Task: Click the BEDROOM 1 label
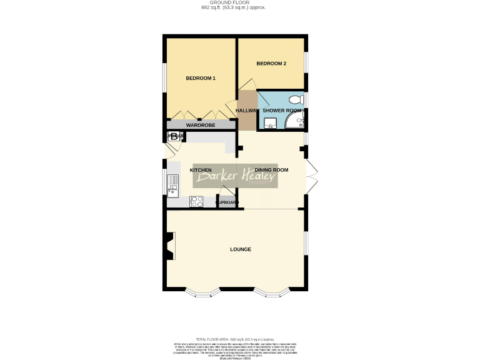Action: click(x=201, y=78)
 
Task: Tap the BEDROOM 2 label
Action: click(x=271, y=63)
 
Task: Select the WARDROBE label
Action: click(x=201, y=125)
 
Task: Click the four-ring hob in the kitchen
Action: click(x=197, y=201)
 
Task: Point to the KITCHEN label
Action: click(x=201, y=170)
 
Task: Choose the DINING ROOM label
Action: click(x=271, y=170)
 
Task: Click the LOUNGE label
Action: click(x=241, y=249)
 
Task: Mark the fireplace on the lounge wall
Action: click(x=169, y=245)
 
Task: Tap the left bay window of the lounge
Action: click(x=203, y=292)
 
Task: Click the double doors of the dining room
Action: click(x=312, y=177)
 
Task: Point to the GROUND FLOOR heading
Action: click(x=233, y=2)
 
